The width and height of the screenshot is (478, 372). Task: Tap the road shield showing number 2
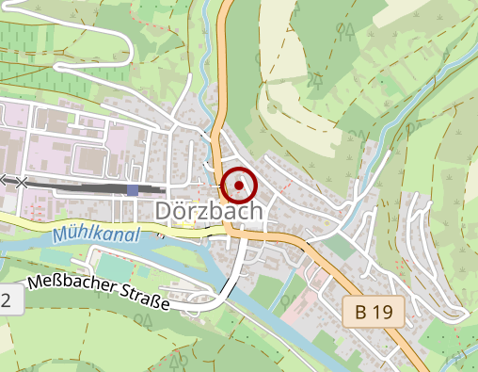pos(8,300)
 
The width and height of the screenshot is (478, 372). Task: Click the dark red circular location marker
pos(238,184)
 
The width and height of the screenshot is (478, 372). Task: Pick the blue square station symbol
pos(133,189)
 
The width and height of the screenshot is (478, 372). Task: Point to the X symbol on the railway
pos(22,182)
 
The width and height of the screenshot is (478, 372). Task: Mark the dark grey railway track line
pos(85,188)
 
